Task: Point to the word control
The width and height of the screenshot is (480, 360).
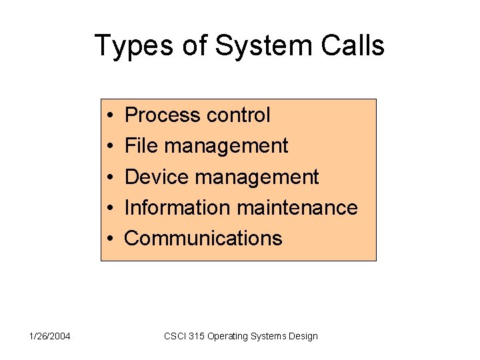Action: coord(239,115)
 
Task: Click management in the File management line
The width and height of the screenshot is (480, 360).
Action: coord(226,147)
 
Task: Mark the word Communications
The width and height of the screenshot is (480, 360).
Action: coord(203,239)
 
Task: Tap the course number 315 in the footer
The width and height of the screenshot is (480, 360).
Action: coord(197,336)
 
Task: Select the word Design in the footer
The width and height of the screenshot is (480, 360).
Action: coord(303,337)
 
